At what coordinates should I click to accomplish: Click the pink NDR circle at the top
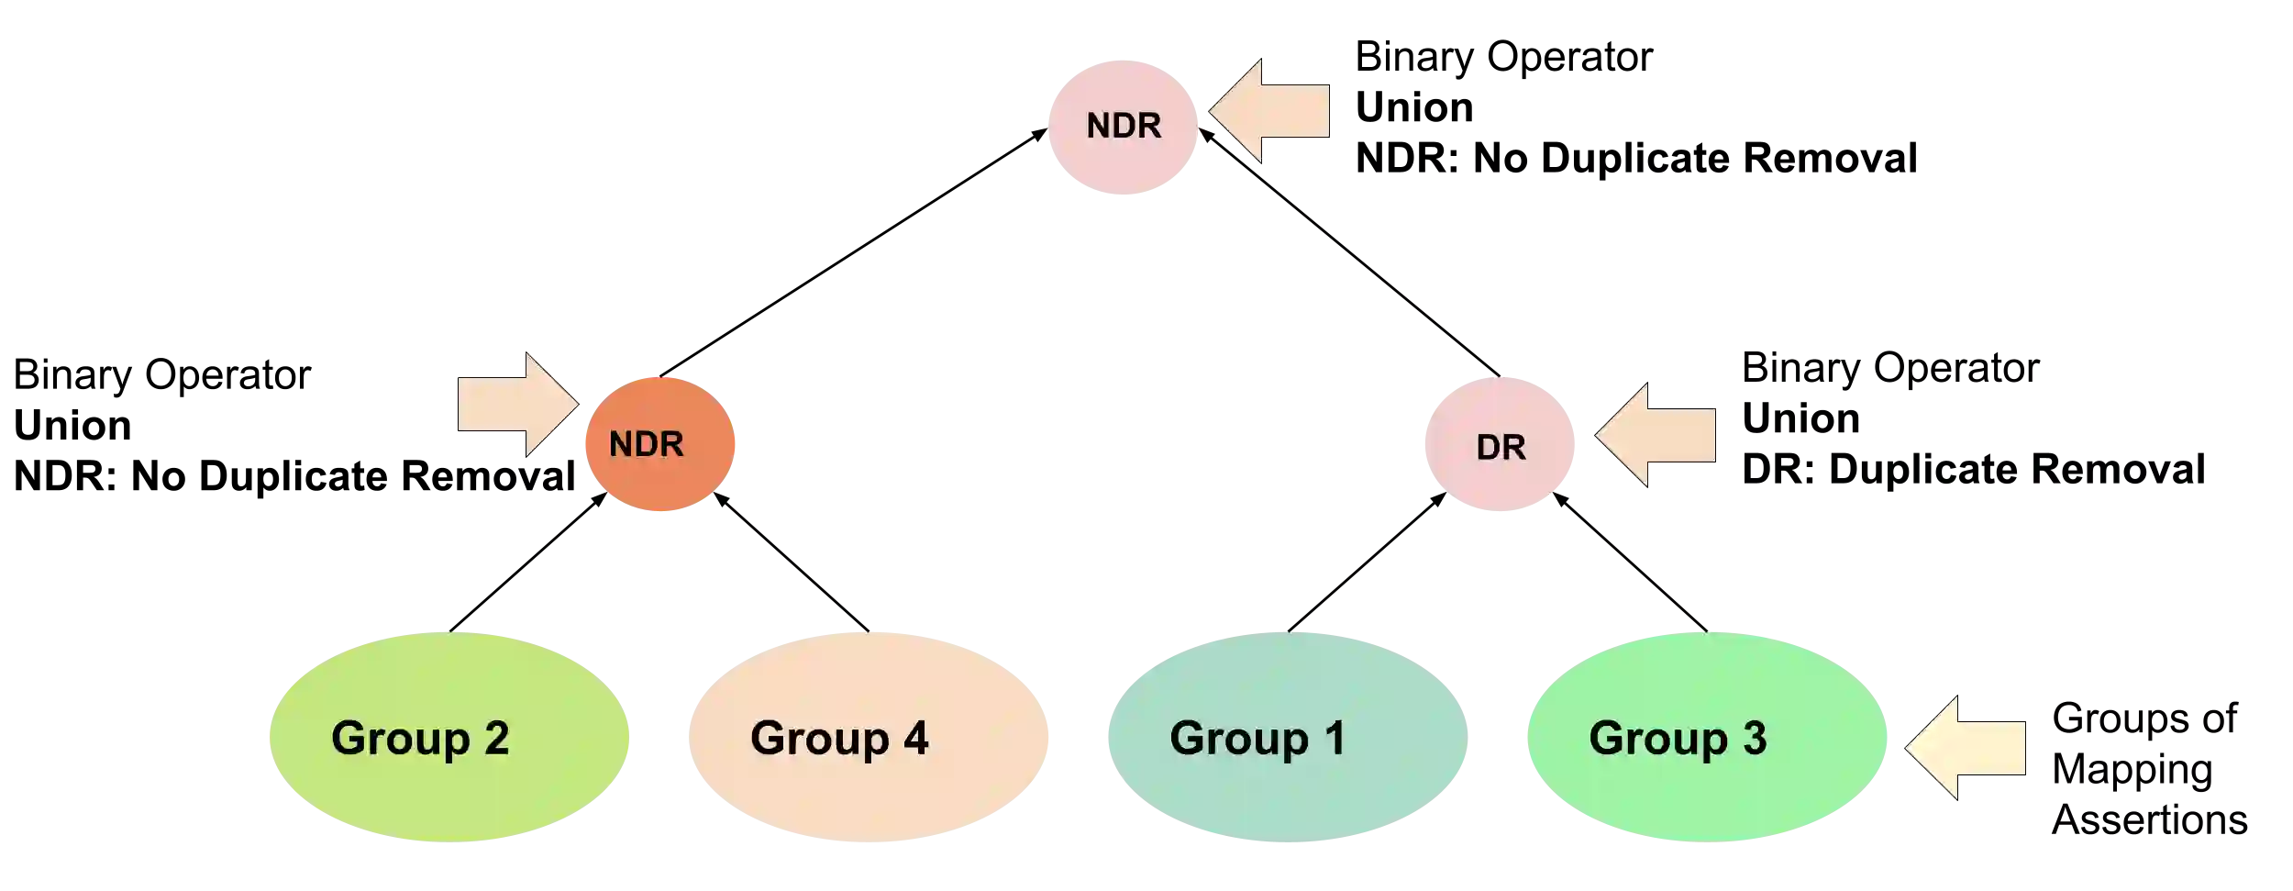(1123, 128)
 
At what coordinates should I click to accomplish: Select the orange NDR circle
(659, 444)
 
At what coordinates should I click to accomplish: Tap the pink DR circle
(1501, 445)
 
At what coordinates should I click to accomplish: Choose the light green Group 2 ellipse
(448, 738)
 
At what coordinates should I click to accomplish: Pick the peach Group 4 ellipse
(867, 738)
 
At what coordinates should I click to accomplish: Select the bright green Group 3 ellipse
(1708, 738)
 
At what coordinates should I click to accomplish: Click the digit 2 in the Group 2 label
(496, 739)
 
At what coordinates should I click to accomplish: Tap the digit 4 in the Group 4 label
(915, 739)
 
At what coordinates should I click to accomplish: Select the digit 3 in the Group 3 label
(1754, 739)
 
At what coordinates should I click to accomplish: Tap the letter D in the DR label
(1489, 448)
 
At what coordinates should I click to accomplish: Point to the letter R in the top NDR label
(1150, 126)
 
